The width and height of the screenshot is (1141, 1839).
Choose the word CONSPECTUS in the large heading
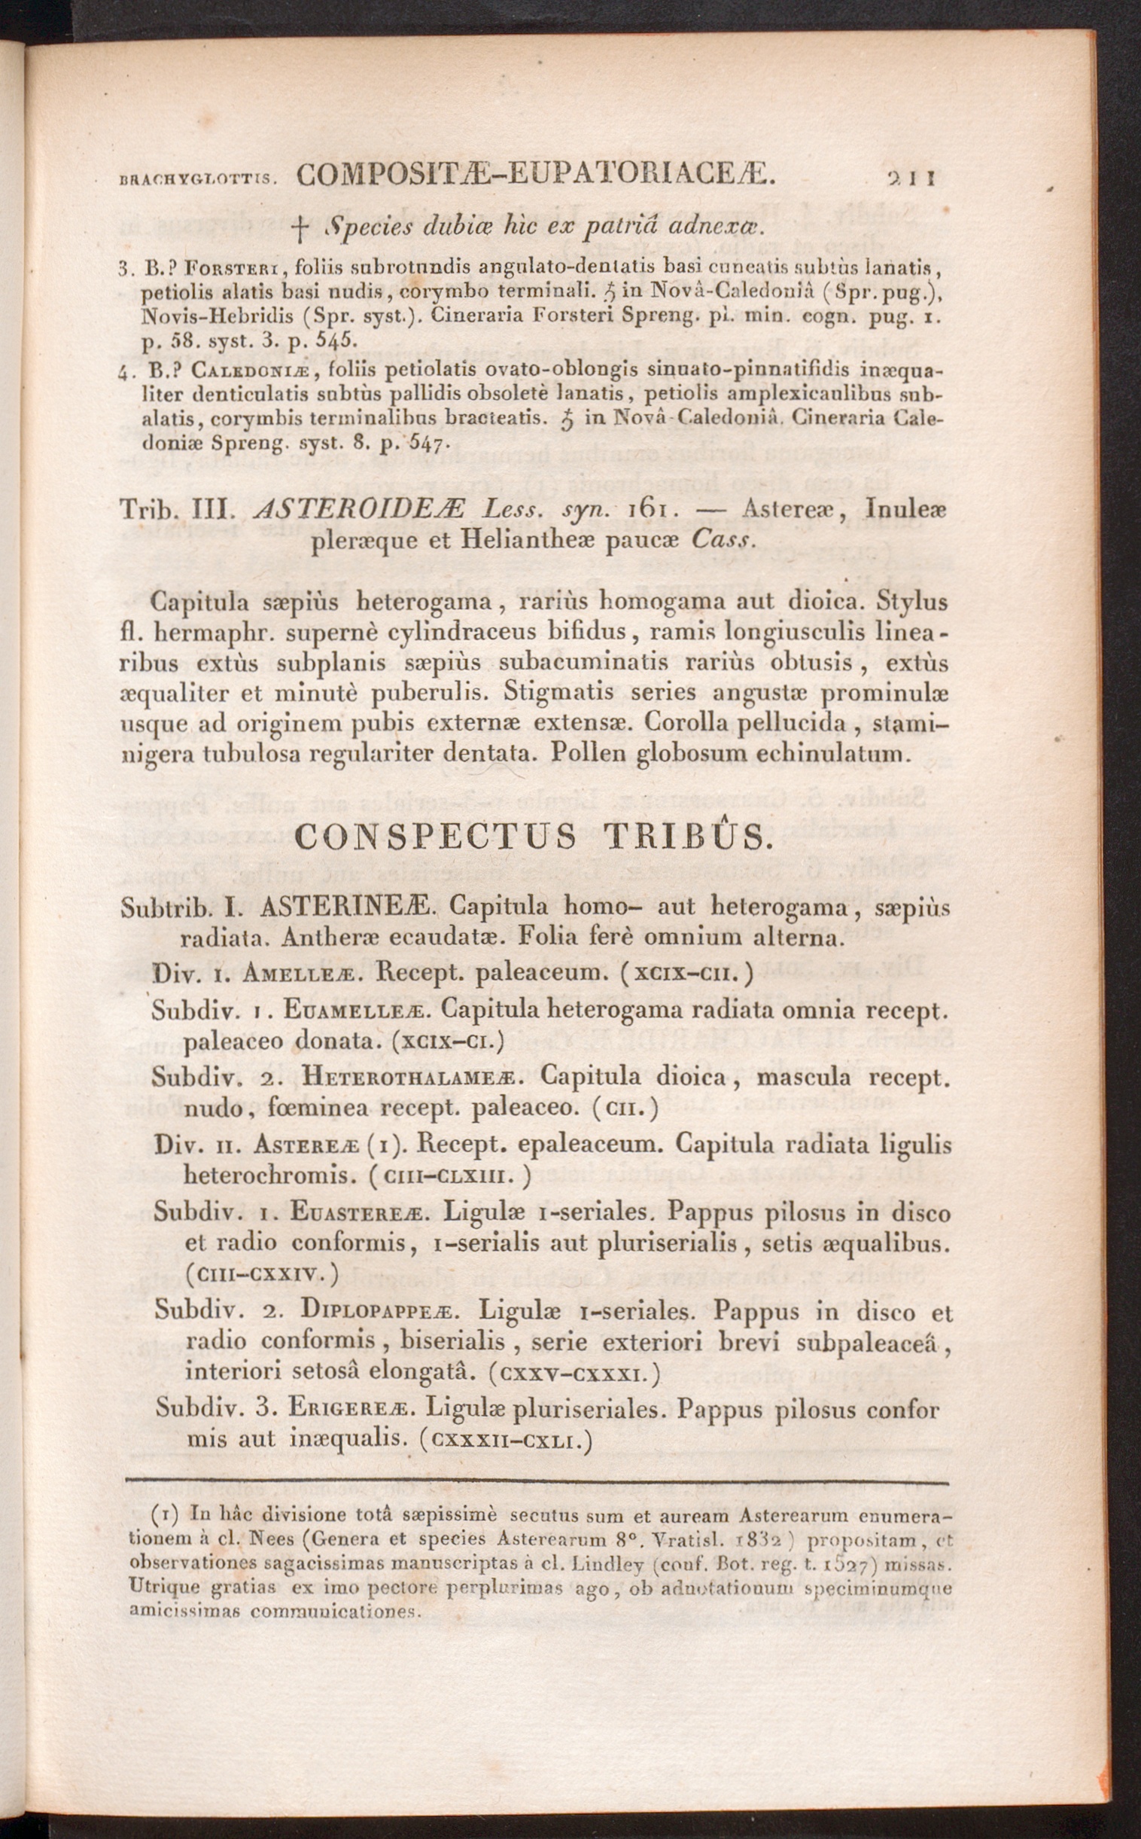(x=436, y=837)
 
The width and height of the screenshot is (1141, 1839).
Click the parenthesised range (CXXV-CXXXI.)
(x=574, y=1372)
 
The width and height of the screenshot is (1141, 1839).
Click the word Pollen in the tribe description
(x=588, y=752)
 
